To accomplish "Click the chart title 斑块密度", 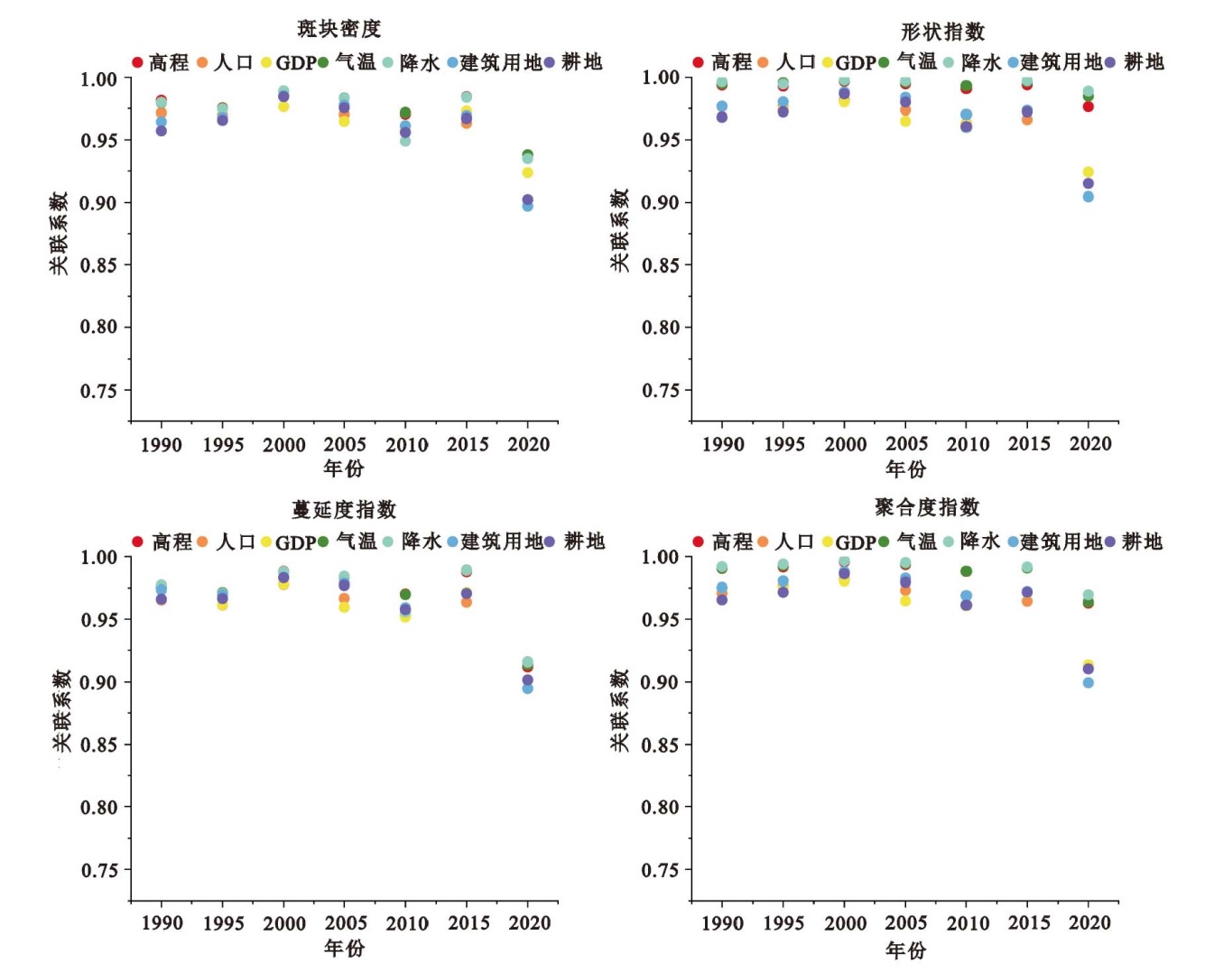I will coord(339,29).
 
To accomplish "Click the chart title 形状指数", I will coord(942,32).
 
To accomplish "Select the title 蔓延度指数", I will coord(344,510).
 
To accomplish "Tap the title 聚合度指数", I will coord(927,507).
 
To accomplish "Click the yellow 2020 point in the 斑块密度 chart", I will coord(528,172).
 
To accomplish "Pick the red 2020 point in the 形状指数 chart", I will coord(1089,106).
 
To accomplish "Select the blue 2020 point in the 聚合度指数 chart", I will coord(1089,682).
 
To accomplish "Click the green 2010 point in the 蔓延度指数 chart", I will coord(405,595).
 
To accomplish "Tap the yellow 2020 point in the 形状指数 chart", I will coord(1089,171).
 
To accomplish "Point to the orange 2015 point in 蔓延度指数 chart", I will coord(467,602).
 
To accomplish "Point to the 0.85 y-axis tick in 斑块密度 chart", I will coord(98,265).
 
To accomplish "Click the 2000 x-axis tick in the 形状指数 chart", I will coord(846,444).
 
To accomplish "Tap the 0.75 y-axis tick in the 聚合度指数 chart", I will coord(660,871).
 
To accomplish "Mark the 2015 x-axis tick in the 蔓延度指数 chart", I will coord(468,923).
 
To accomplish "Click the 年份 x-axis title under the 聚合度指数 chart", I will coord(905,950).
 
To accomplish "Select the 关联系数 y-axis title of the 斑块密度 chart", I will coord(59,233).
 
